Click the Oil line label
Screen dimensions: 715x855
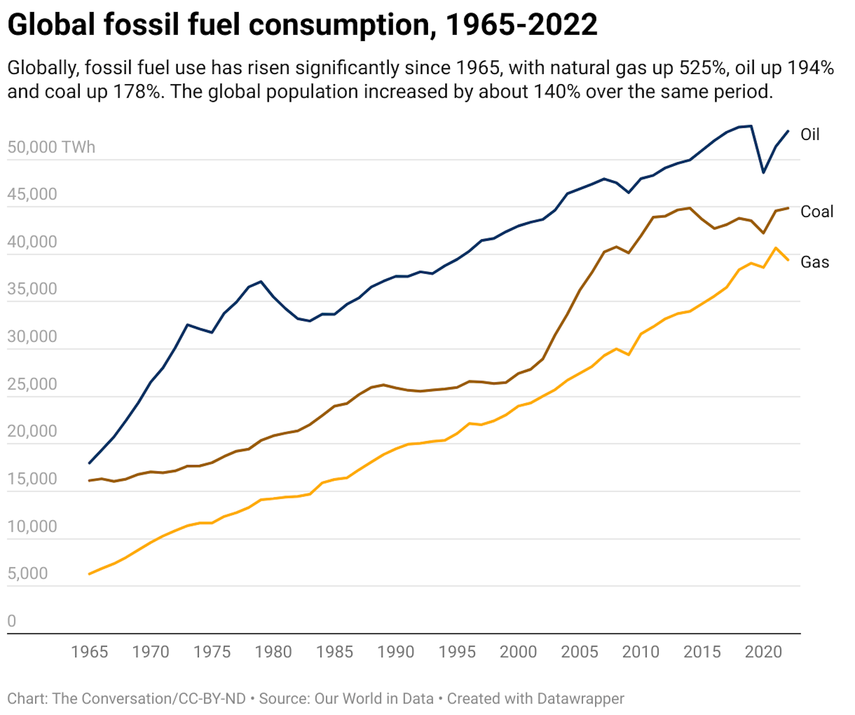(810, 135)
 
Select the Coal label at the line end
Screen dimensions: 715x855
(816, 212)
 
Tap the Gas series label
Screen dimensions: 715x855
(814, 262)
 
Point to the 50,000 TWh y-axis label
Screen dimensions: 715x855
(51, 147)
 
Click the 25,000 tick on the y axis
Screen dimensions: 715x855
(32, 384)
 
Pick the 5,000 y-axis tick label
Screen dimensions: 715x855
(28, 573)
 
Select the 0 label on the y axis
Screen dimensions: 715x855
(12, 621)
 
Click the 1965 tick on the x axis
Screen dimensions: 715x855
(90, 652)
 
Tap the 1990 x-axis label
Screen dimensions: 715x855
(395, 652)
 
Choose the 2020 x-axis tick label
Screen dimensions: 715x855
(763, 652)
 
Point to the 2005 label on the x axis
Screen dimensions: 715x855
(579, 652)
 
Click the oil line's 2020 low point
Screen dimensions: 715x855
(763, 172)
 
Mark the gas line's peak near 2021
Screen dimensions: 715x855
(775, 248)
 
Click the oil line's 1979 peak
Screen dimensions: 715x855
(261, 282)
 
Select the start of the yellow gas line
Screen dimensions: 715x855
(90, 574)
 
